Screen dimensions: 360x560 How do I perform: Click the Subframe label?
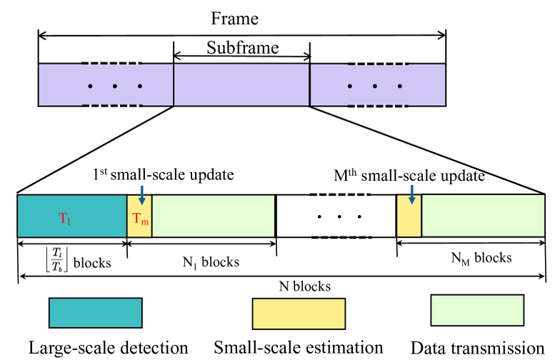pos(241,48)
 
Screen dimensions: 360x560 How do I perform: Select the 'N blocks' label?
pos(304,286)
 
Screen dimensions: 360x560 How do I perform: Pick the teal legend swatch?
pos(94,313)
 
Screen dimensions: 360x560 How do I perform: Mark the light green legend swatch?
pos(476,311)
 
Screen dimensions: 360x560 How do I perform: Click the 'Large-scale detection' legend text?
pos(108,348)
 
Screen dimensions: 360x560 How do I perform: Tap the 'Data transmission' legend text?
pos(478,348)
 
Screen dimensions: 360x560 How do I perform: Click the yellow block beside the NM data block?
pos(409,215)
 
